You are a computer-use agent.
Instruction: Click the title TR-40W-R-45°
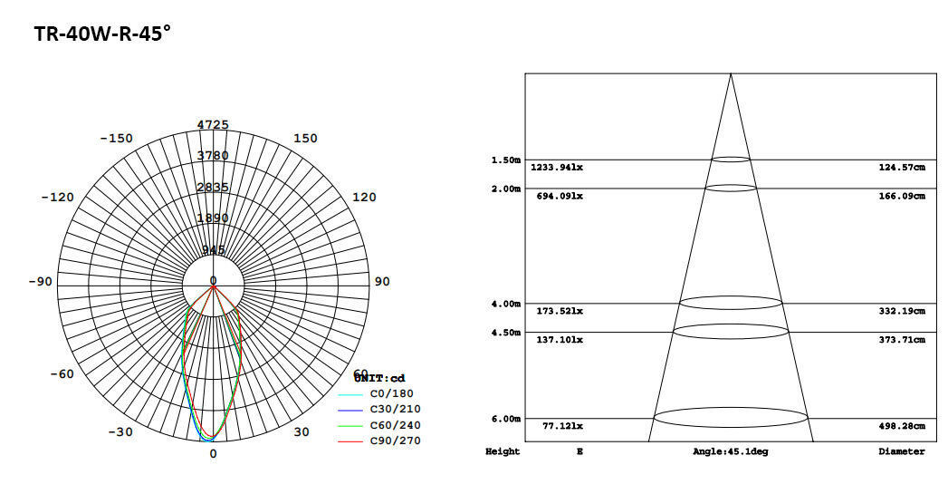[102, 34]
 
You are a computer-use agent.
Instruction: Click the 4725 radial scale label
[214, 124]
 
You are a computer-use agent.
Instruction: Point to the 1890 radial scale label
[214, 218]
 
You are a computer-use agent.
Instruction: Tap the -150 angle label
[116, 139]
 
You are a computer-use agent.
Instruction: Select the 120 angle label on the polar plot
[363, 198]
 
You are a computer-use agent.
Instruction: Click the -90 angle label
[40, 282]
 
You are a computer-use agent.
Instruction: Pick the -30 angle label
[120, 432]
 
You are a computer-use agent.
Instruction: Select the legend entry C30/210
[395, 410]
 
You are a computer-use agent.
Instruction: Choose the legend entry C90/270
[395, 441]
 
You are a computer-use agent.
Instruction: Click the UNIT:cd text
[379, 378]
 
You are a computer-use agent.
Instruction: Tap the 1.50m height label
[505, 160]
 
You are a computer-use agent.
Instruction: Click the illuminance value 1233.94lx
[557, 168]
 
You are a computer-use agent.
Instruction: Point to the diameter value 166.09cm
[902, 196]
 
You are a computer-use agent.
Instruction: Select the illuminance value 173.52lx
[560, 311]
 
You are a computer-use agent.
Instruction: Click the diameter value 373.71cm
[902, 340]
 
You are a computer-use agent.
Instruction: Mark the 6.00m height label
[505, 419]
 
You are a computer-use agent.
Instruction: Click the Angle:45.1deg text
[730, 451]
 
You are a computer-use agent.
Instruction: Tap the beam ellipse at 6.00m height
[730, 418]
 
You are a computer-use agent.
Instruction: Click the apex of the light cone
[731, 74]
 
